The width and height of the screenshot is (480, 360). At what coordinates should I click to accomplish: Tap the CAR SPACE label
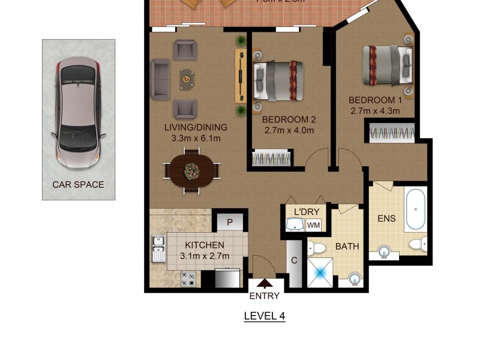coord(78,185)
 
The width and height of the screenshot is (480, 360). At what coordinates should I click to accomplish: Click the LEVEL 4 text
coord(264,316)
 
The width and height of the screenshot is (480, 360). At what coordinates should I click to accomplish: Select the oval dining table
coord(192,170)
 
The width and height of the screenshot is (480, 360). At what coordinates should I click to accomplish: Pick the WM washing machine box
coord(313,226)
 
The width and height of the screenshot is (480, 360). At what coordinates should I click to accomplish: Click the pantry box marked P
coord(229,222)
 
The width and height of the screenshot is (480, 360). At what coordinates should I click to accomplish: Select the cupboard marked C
coord(295,261)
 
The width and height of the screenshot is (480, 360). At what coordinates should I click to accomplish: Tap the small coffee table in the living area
coord(187,77)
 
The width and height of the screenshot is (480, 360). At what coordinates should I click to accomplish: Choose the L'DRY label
coord(307,211)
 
